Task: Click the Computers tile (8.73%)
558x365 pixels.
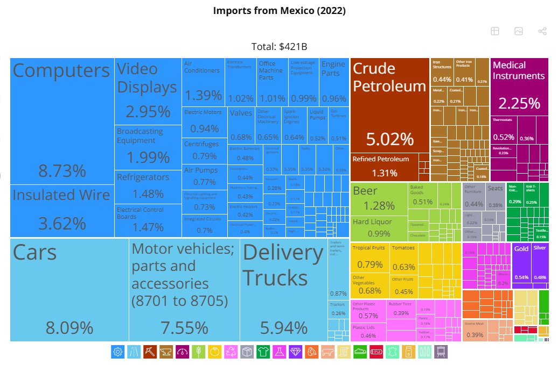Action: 61,121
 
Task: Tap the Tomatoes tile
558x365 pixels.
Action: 403,258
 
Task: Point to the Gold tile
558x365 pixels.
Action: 521,263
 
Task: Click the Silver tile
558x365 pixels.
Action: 540,263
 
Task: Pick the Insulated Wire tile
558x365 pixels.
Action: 61,210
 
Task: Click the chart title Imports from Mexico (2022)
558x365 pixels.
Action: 279,11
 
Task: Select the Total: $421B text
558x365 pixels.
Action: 279,47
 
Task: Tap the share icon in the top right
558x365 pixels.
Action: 542,31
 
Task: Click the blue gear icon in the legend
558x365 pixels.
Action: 118,352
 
